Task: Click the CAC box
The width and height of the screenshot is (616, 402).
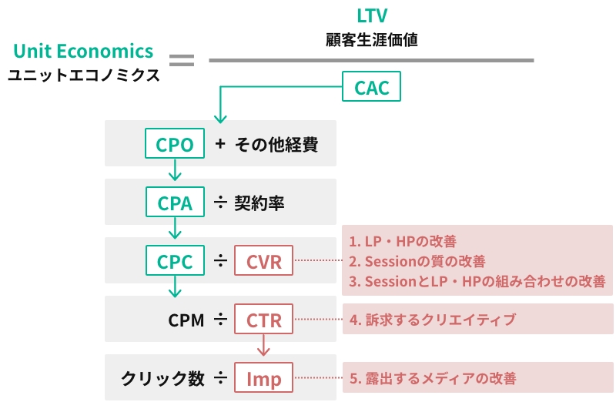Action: click(371, 86)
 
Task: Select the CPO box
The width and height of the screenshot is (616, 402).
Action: click(175, 143)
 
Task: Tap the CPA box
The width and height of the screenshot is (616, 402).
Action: click(175, 202)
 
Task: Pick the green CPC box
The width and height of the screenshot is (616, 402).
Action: click(175, 260)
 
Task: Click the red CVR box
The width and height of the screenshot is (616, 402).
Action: click(263, 260)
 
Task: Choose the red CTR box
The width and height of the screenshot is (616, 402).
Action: click(263, 319)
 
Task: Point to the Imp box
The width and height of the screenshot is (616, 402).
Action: click(263, 377)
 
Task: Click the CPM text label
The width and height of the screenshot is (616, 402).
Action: click(186, 320)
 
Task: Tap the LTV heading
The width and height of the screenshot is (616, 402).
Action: click(372, 15)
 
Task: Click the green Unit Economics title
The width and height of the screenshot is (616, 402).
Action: click(83, 51)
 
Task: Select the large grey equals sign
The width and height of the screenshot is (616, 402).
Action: click(182, 60)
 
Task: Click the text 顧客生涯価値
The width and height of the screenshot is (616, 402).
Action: click(372, 40)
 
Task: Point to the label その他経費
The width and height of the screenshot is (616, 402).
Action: click(276, 144)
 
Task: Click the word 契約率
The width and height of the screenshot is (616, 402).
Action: click(259, 203)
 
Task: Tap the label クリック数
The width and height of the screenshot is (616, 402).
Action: click(162, 378)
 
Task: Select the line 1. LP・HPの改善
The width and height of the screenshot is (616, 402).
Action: click(403, 241)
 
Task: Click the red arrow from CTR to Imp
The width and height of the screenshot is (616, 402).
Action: click(263, 345)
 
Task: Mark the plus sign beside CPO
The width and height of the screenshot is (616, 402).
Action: click(220, 143)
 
